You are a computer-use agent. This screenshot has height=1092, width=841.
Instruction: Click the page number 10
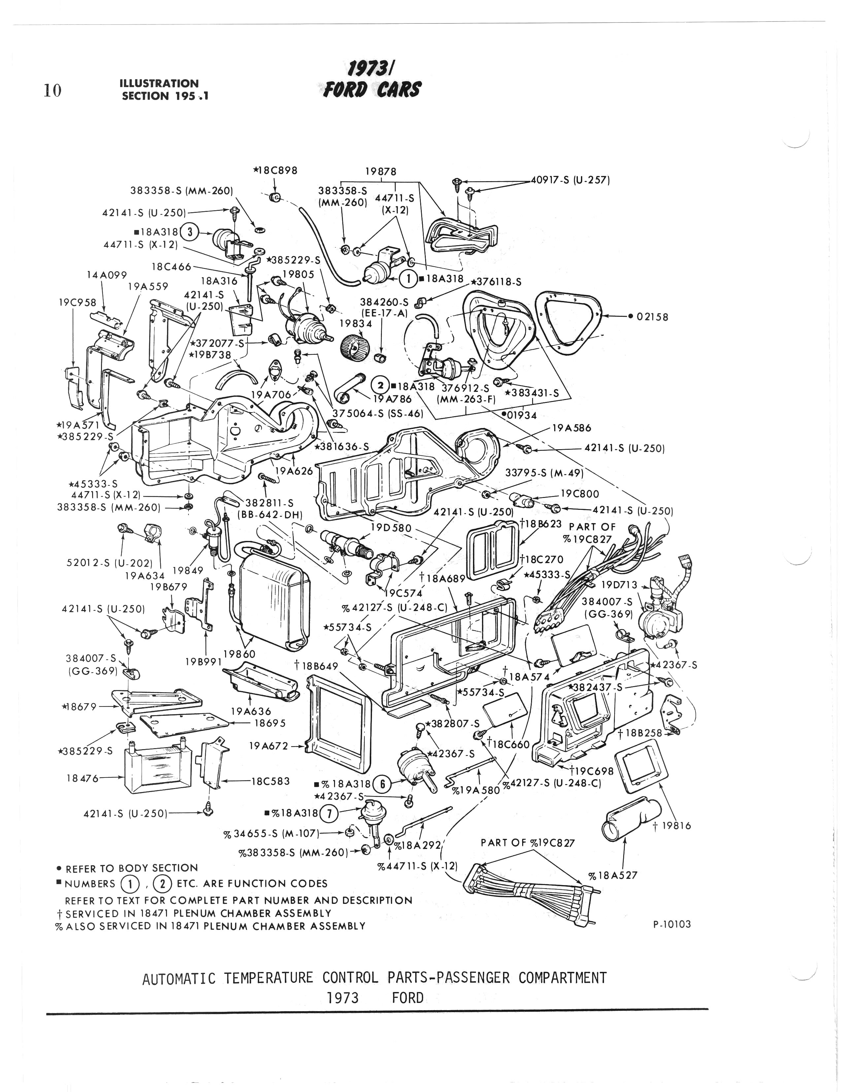coord(52,90)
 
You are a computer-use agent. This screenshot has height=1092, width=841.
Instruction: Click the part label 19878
coord(381,172)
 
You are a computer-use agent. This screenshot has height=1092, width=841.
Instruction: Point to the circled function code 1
coord(409,279)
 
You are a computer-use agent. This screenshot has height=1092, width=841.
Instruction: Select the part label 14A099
coord(107,275)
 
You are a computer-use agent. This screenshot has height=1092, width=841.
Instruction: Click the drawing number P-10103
coord(671,924)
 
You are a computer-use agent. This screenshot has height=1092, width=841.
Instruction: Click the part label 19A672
coord(268,746)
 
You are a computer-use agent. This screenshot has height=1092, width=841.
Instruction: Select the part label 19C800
coord(580,494)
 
